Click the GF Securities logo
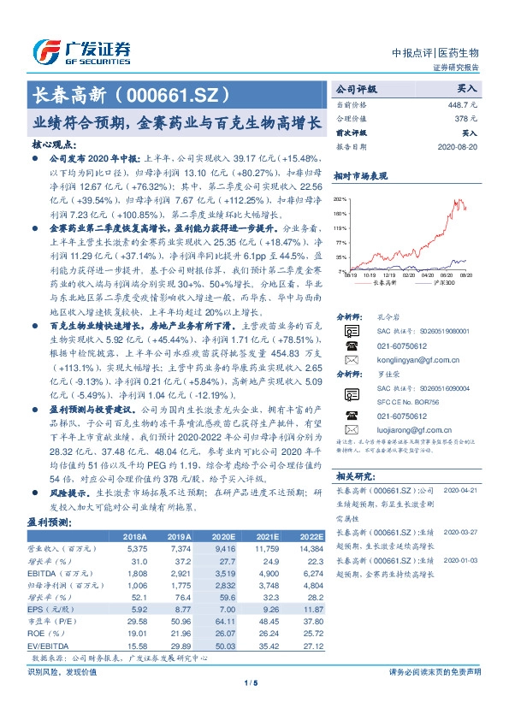81,53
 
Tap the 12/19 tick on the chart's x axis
393,276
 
